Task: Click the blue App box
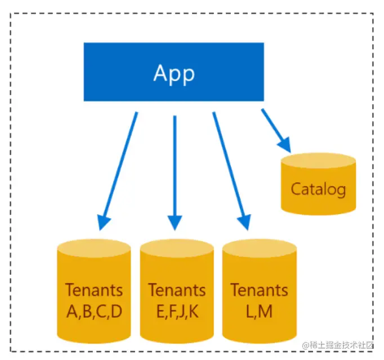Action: [x=173, y=72]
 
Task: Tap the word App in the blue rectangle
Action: [x=174, y=73]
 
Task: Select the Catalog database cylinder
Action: [x=318, y=184]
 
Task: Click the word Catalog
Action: [x=318, y=189]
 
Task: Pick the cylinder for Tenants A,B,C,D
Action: [x=94, y=291]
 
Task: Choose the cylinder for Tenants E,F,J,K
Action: [x=177, y=291]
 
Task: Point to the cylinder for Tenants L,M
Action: [x=260, y=291]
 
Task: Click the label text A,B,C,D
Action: [x=94, y=312]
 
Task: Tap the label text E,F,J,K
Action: [x=177, y=312]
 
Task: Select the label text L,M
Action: [x=259, y=312]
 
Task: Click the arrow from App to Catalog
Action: [x=276, y=131]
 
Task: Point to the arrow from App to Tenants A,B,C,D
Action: [x=118, y=171]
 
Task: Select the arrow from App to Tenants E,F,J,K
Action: [x=175, y=173]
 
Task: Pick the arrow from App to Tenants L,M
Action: [x=231, y=171]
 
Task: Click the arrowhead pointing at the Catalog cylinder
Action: [x=285, y=145]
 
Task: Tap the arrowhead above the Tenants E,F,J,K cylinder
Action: [x=175, y=223]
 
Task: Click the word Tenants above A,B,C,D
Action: [x=94, y=290]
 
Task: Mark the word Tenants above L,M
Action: [x=260, y=290]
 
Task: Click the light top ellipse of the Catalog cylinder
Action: [x=318, y=161]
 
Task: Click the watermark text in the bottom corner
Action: [x=338, y=345]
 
